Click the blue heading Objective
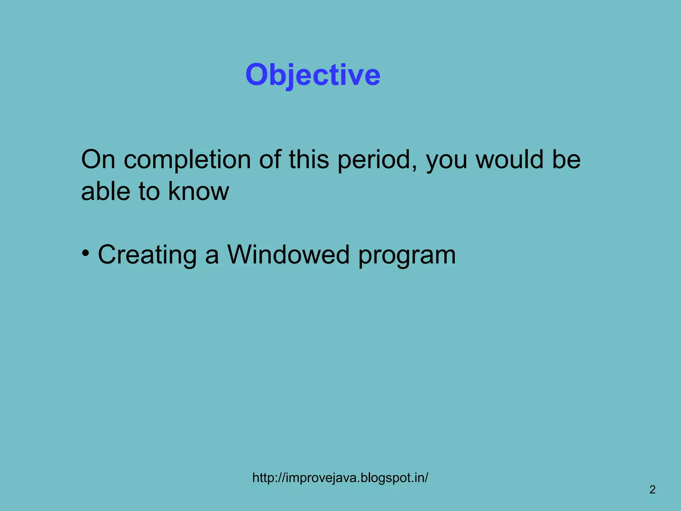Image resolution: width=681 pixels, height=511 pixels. click(313, 75)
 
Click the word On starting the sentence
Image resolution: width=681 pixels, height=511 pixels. click(98, 160)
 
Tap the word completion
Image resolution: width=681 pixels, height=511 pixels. click(187, 160)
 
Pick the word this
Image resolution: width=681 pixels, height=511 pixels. click(309, 160)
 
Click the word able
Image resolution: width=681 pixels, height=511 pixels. click(105, 191)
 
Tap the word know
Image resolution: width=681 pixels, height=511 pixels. click(199, 191)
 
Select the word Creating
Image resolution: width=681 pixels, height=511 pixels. click(147, 255)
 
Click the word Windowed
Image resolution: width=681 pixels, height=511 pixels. click(288, 255)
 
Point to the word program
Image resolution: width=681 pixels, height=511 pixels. click(407, 256)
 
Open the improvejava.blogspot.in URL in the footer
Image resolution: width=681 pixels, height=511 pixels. click(340, 478)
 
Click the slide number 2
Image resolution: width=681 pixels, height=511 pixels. click(652, 489)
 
